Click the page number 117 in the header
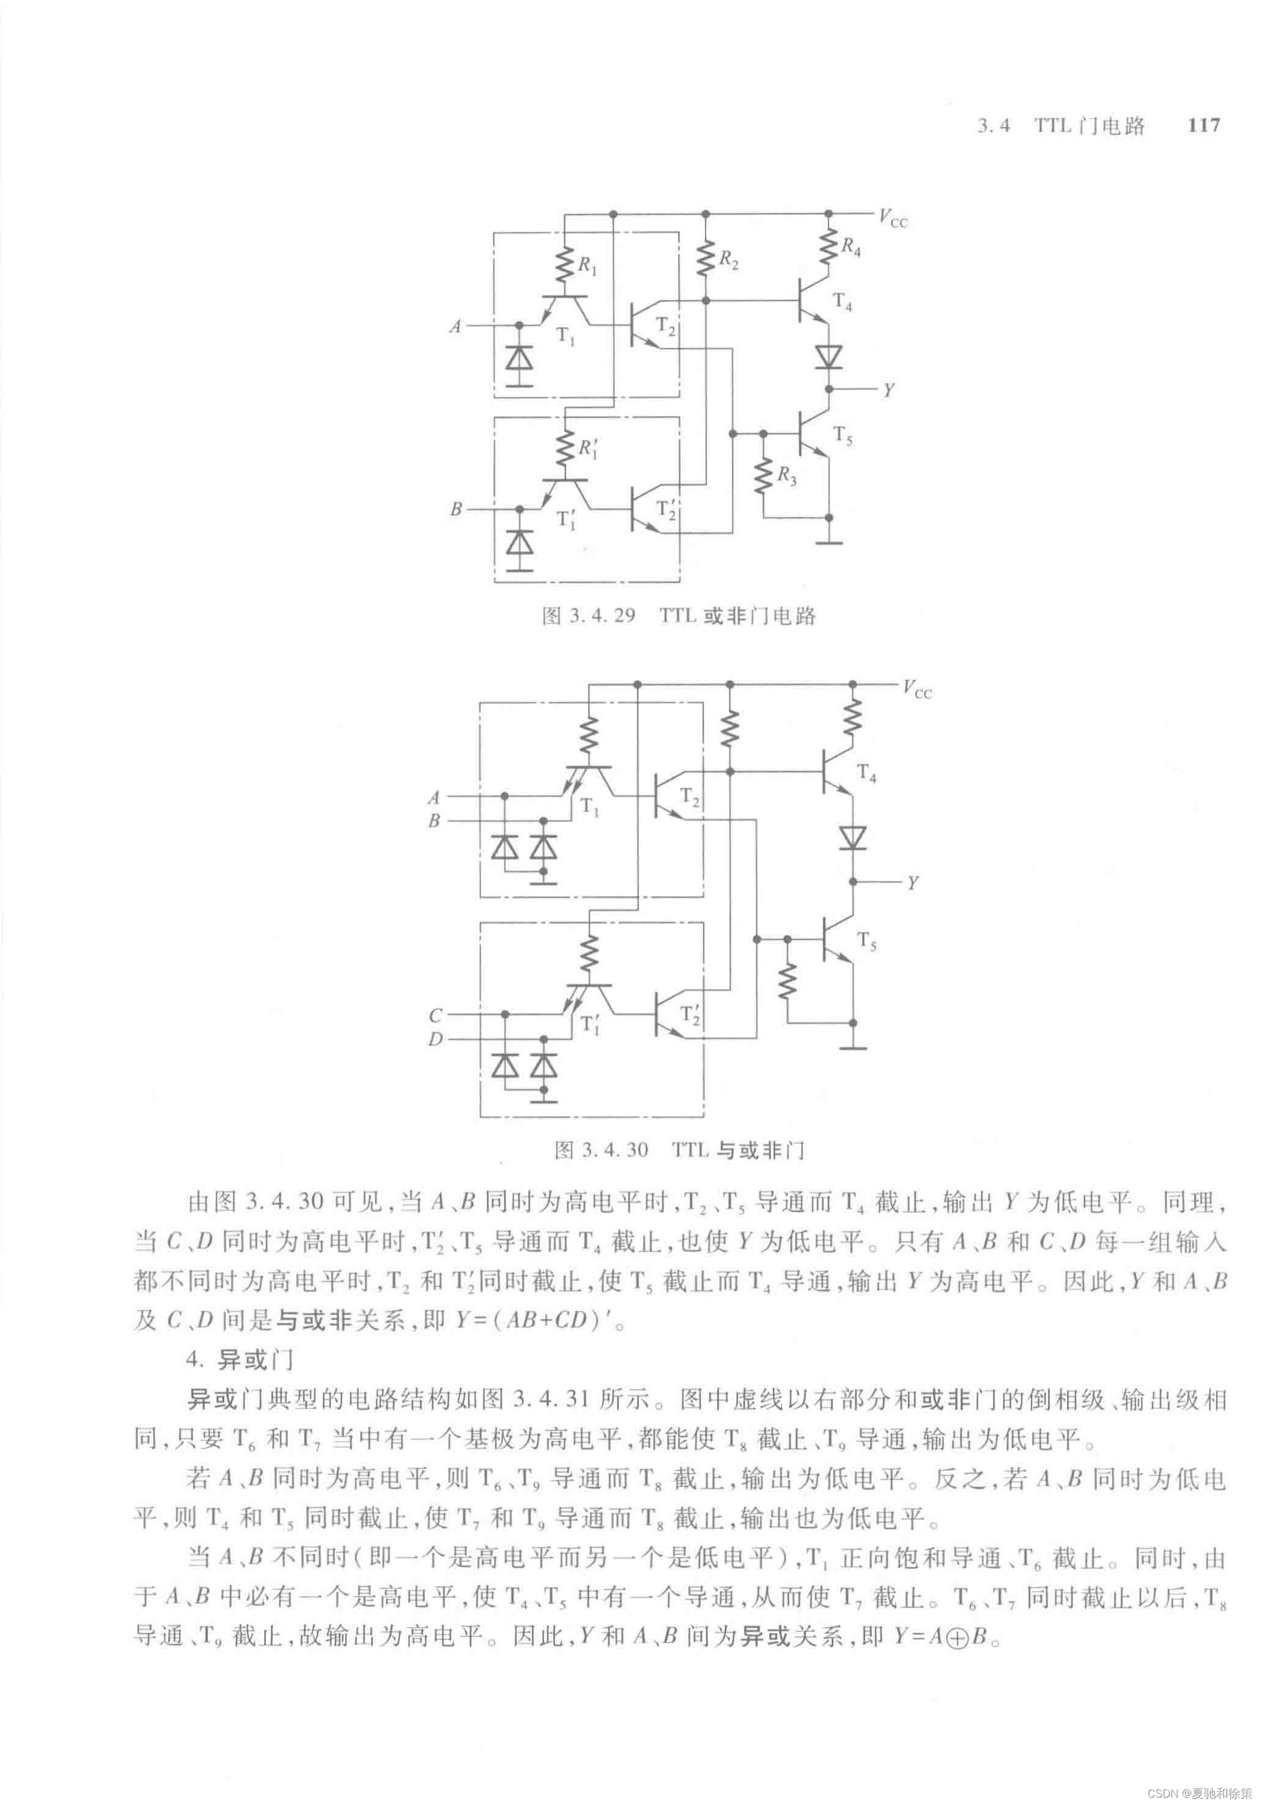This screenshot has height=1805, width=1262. [1204, 125]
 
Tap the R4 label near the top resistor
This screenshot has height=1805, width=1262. [851, 247]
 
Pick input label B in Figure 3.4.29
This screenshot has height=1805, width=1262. [456, 509]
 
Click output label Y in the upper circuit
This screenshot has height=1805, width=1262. [888, 390]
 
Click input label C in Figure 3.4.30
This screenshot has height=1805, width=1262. [435, 1016]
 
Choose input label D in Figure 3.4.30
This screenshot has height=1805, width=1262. [435, 1039]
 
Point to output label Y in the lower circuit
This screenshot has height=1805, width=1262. [912, 883]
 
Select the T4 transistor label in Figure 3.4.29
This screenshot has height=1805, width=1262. [843, 302]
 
